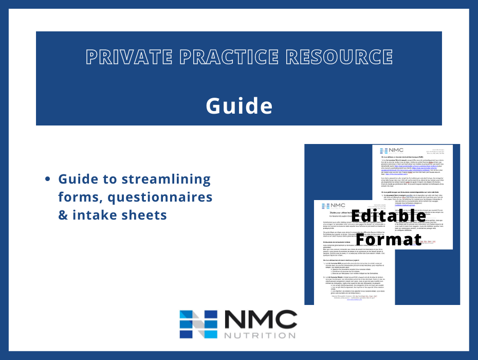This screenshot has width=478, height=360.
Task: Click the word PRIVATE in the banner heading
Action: coord(123,57)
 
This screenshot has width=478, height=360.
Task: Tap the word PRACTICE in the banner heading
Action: coord(222,57)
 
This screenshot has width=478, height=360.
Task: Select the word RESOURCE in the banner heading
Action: coord(335,57)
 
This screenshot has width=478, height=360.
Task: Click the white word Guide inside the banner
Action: coord(239,105)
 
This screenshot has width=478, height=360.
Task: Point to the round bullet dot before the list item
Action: coord(48,179)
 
